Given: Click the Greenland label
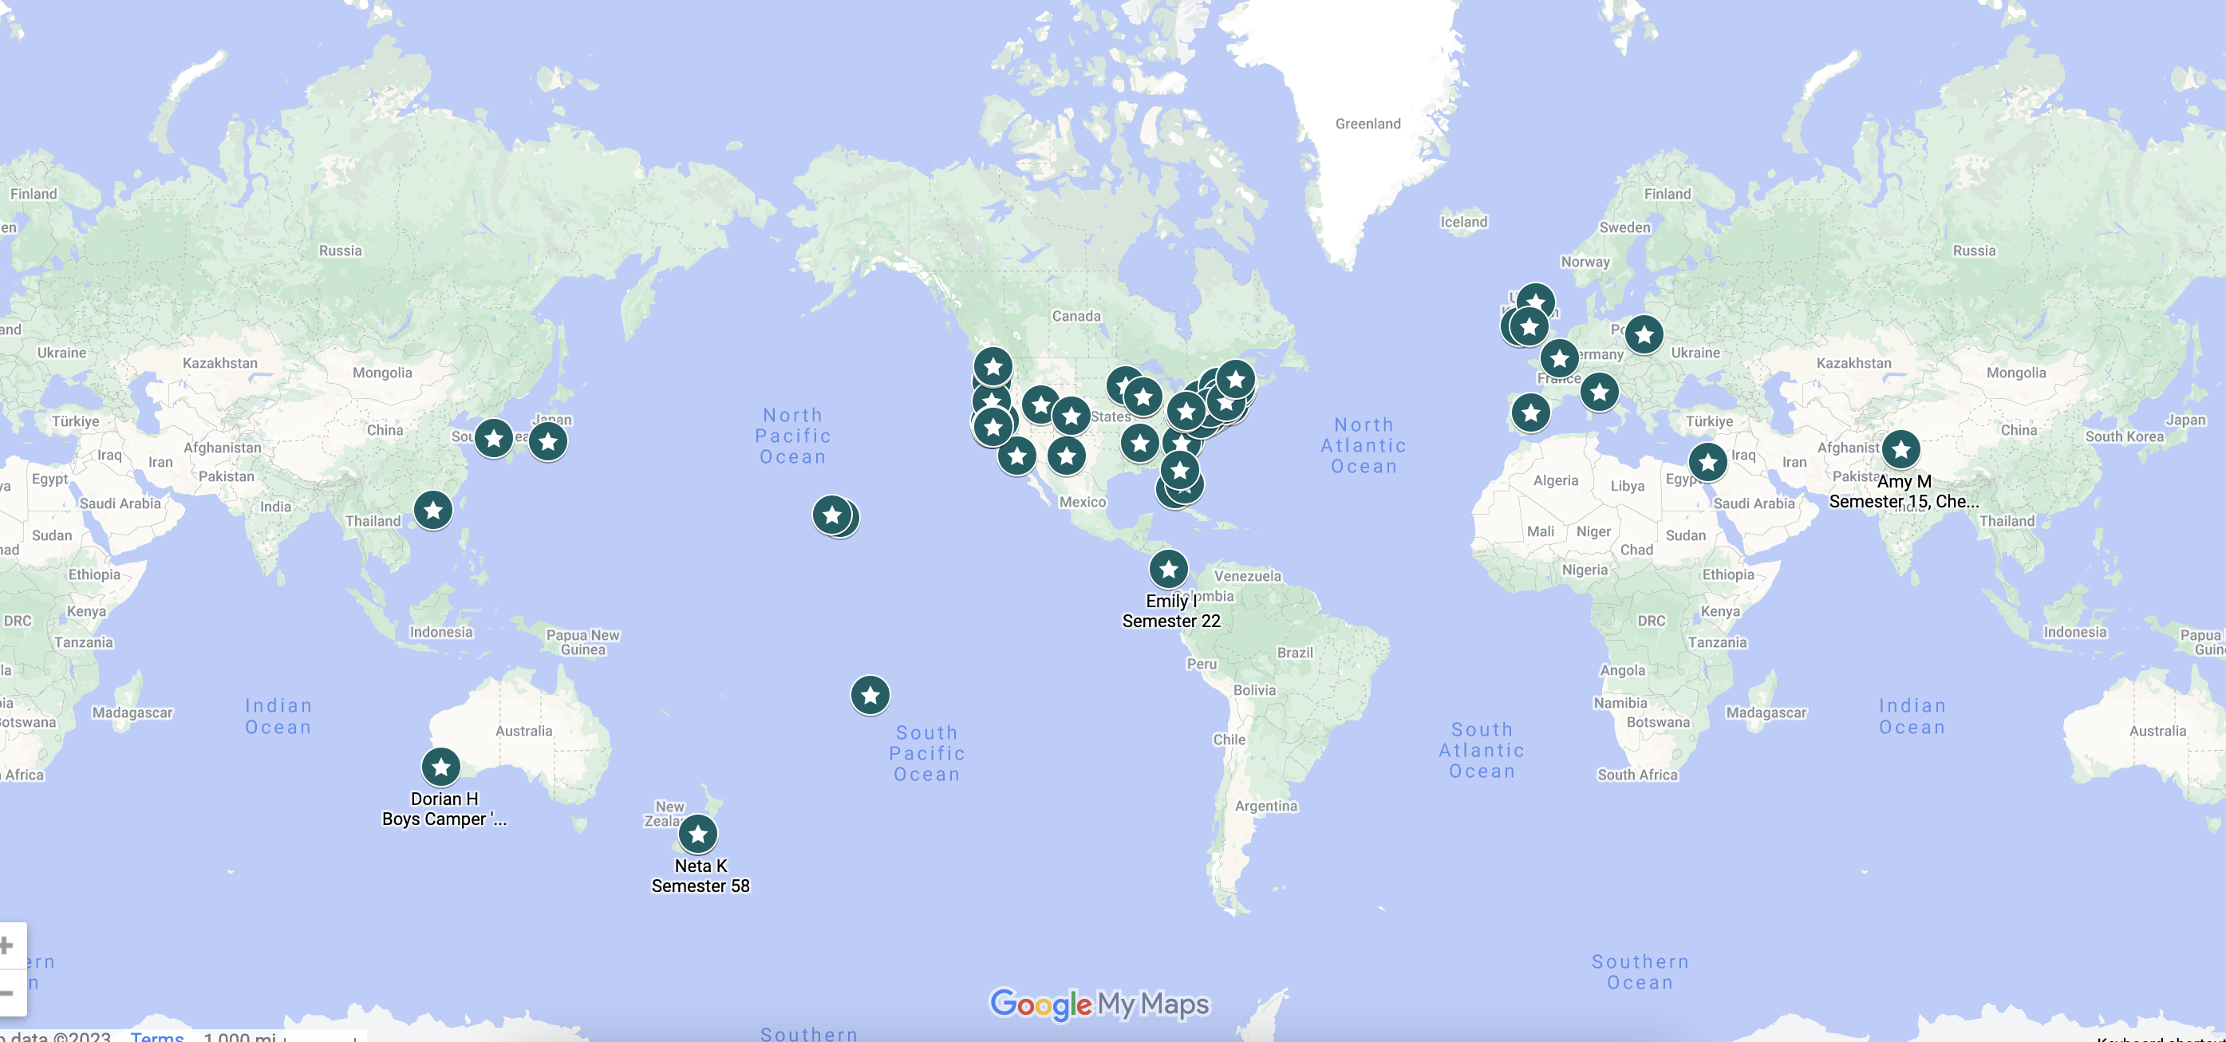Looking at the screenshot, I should pyautogui.click(x=1368, y=124).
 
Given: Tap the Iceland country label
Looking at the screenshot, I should pyautogui.click(x=1464, y=221).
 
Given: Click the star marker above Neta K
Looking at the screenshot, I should pyautogui.click(x=698, y=834).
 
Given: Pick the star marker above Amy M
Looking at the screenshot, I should pyautogui.click(x=1901, y=449).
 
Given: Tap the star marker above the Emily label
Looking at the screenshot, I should pyautogui.click(x=1168, y=570).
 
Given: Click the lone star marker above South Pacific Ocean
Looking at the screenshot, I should pyautogui.click(x=870, y=695).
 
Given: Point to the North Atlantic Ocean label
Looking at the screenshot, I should pyautogui.click(x=1364, y=446).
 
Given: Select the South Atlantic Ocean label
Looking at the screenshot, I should pyautogui.click(x=1481, y=750).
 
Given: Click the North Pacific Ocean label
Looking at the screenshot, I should pyautogui.click(x=793, y=436).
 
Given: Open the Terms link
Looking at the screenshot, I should pyautogui.click(x=157, y=1036).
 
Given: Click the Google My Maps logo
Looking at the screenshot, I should pyautogui.click(x=1099, y=1004).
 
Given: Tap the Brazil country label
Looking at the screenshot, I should pyautogui.click(x=1294, y=653).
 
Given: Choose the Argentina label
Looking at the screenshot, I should pyautogui.click(x=1266, y=805).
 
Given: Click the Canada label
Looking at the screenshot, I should pyautogui.click(x=1076, y=315).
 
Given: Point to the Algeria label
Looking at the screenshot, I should pyautogui.click(x=1556, y=480).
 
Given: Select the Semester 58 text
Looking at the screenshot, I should pyautogui.click(x=700, y=886).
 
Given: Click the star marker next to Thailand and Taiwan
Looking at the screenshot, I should pyautogui.click(x=433, y=511).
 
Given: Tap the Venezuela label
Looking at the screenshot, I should pyautogui.click(x=1247, y=575).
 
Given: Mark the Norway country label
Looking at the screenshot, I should pyautogui.click(x=1585, y=261).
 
